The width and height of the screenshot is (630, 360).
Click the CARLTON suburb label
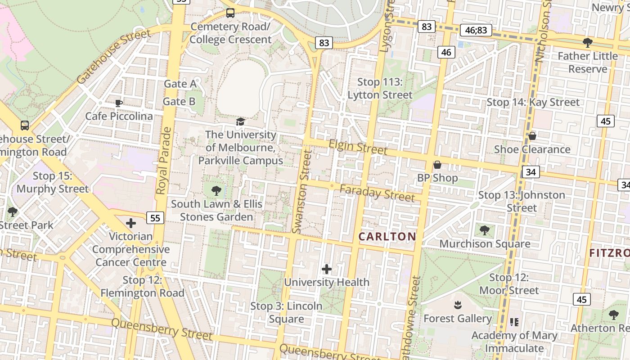click(387, 237)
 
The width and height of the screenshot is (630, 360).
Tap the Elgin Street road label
click(358, 147)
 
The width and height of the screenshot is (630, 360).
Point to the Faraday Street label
click(377, 193)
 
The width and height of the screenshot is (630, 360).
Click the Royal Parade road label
click(164, 161)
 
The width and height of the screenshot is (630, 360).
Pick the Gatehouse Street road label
click(113, 56)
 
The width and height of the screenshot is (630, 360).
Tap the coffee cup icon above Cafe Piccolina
click(119, 103)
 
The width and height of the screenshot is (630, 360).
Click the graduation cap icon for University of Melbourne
click(241, 121)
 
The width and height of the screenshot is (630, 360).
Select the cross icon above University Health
click(327, 269)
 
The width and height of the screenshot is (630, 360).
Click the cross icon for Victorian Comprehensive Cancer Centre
click(131, 223)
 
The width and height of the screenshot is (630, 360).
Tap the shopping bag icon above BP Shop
click(437, 165)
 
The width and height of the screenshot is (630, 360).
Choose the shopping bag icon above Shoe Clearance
click(532, 136)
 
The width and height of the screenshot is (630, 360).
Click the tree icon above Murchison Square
click(485, 230)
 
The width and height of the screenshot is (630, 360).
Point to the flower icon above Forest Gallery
click(458, 305)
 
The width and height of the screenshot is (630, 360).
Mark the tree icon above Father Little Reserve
click(587, 43)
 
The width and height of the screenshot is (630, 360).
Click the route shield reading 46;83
click(476, 31)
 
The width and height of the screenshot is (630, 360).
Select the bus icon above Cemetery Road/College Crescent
click(230, 13)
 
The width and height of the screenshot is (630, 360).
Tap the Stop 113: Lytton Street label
click(380, 88)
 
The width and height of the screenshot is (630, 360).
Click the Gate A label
click(180, 84)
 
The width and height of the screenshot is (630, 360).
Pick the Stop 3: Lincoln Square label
click(286, 312)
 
